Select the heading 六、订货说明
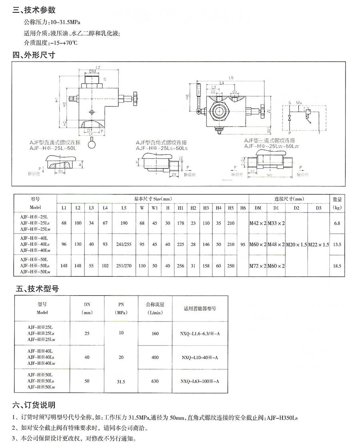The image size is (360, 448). pos(34,405)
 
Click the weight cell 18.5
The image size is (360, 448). pos(337,266)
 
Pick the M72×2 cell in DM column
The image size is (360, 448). pos(258,266)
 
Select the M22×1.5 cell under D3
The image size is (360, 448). pos(319,244)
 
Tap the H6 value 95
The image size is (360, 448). pos(243,244)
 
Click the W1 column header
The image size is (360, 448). pos(155,208)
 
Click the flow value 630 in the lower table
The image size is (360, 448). pos(155,381)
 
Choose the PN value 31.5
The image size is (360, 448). pos(121,382)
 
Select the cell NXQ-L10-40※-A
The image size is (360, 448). pos(200,358)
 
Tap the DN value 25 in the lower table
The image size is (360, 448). pos(87,333)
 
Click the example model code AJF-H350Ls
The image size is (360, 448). pos(280,418)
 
